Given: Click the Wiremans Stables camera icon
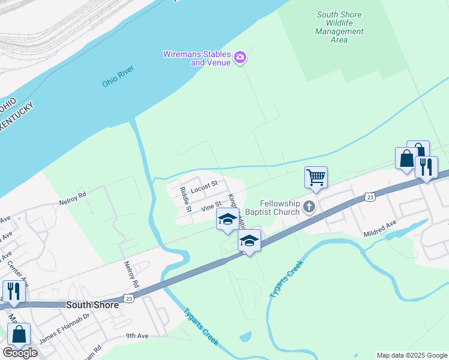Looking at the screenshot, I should pyautogui.click(x=241, y=58).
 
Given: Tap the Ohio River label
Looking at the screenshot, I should pyautogui.click(x=118, y=77).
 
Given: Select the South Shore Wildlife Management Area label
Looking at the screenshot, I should pyautogui.click(x=340, y=27).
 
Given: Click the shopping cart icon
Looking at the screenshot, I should pyautogui.click(x=316, y=177).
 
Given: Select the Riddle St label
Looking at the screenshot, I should pyautogui.click(x=185, y=200).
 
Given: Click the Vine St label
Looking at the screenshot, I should pyautogui.click(x=211, y=206).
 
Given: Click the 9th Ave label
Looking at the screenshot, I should pyautogui.click(x=137, y=336).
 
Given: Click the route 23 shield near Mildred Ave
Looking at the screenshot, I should pyautogui.click(x=370, y=197).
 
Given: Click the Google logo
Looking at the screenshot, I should pyautogui.click(x=19, y=353).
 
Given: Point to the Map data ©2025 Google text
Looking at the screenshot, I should pyautogui.click(x=411, y=355).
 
